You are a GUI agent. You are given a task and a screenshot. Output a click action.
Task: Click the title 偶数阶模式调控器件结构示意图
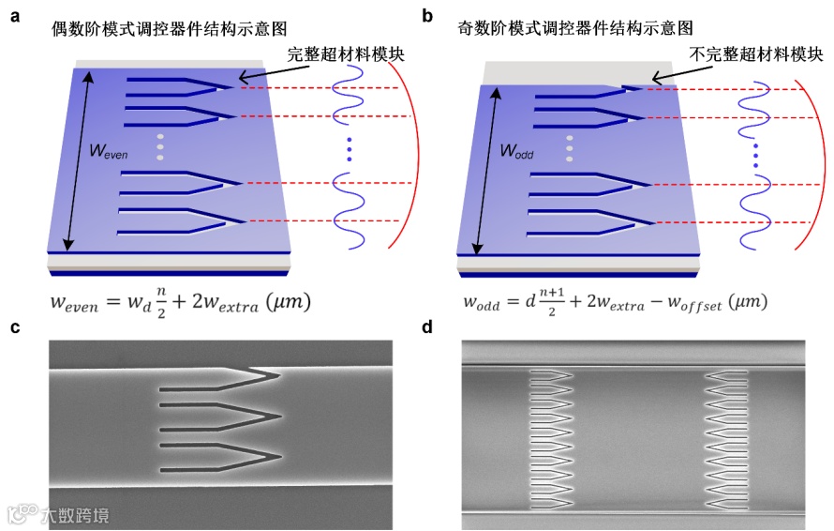(160, 28)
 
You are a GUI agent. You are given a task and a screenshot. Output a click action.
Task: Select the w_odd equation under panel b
(615, 302)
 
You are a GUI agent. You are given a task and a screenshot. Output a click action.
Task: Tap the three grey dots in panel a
(160, 147)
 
